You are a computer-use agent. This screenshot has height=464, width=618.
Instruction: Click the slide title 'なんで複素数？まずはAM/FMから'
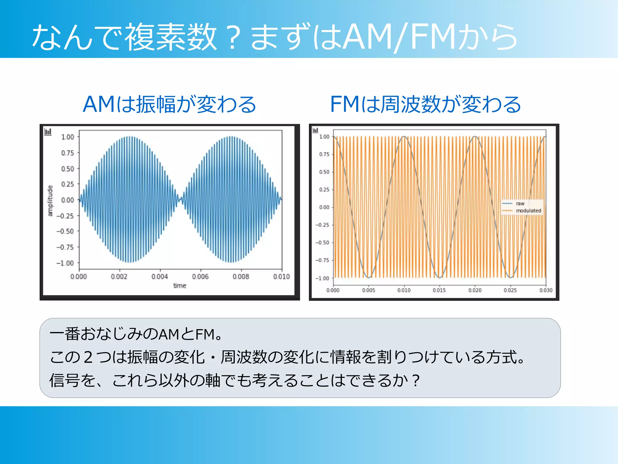coord(275,37)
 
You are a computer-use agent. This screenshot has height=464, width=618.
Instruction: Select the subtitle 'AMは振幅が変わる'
coord(170,104)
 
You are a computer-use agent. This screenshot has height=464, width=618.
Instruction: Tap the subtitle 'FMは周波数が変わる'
coord(425,104)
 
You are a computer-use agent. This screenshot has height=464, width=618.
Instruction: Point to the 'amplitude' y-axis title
coord(50,201)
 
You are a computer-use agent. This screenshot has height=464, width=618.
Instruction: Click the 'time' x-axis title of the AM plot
coord(180,285)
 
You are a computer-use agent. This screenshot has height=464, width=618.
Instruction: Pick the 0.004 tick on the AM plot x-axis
coord(160,276)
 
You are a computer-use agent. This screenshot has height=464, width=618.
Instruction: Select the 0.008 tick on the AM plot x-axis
coord(241,276)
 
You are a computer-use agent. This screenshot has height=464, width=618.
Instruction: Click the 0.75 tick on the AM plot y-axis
coord(68,153)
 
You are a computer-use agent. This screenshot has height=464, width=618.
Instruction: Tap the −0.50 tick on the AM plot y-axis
coord(65,231)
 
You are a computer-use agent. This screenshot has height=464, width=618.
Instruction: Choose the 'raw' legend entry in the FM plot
coord(520,204)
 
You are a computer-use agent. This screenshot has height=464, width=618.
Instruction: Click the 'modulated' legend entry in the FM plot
coord(528,211)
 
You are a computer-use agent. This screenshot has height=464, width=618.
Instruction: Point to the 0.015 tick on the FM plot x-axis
coord(439,290)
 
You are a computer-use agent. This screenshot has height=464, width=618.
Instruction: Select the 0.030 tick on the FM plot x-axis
coord(546,290)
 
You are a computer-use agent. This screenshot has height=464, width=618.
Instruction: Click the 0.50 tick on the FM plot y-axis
coord(324,172)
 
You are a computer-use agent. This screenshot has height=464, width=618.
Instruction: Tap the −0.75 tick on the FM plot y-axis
coord(323,260)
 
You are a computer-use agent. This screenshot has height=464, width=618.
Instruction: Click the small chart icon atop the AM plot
coord(48,132)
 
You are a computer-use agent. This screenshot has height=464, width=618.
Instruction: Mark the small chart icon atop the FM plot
coord(315,130)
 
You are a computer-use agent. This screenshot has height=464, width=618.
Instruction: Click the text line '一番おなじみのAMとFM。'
coord(136,334)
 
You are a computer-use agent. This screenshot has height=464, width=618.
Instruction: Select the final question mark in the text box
coord(416,380)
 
